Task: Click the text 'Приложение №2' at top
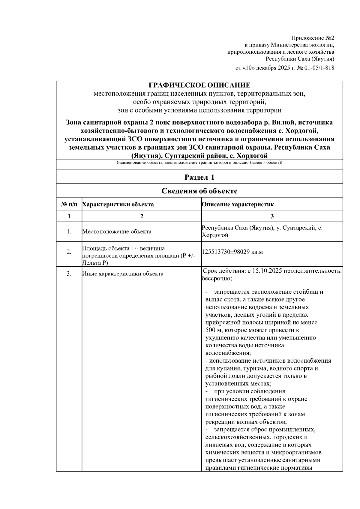[x=313, y=38]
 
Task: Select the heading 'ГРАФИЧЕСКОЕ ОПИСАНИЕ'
[x=199, y=85]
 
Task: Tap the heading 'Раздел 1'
[x=199, y=177]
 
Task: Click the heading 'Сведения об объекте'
[x=199, y=191]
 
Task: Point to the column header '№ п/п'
[x=69, y=205]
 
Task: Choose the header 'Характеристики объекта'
[x=118, y=205]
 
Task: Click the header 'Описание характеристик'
[x=238, y=205]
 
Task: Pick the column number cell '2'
[x=142, y=216]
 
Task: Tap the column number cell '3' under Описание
[x=272, y=216]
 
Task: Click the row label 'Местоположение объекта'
[x=117, y=232]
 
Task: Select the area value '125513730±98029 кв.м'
[x=232, y=252]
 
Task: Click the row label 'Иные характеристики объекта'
[x=123, y=274]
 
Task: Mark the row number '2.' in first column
[x=69, y=252]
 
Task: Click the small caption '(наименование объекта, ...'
[x=199, y=163]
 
